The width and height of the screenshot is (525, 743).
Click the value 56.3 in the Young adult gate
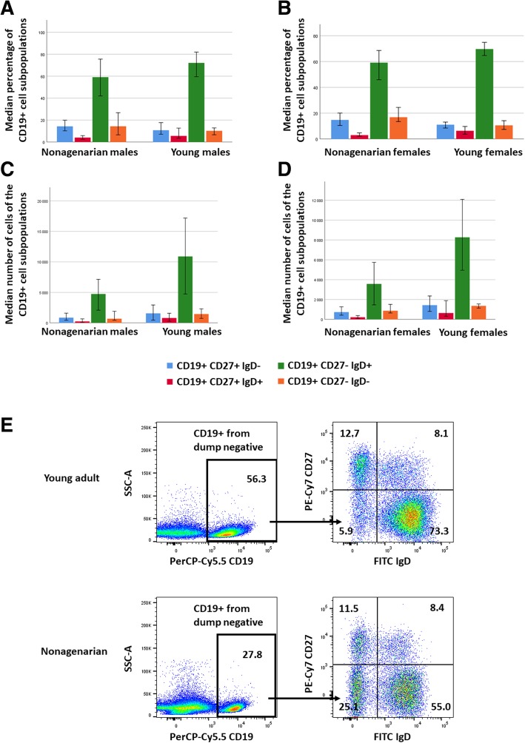pyautogui.click(x=254, y=457)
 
